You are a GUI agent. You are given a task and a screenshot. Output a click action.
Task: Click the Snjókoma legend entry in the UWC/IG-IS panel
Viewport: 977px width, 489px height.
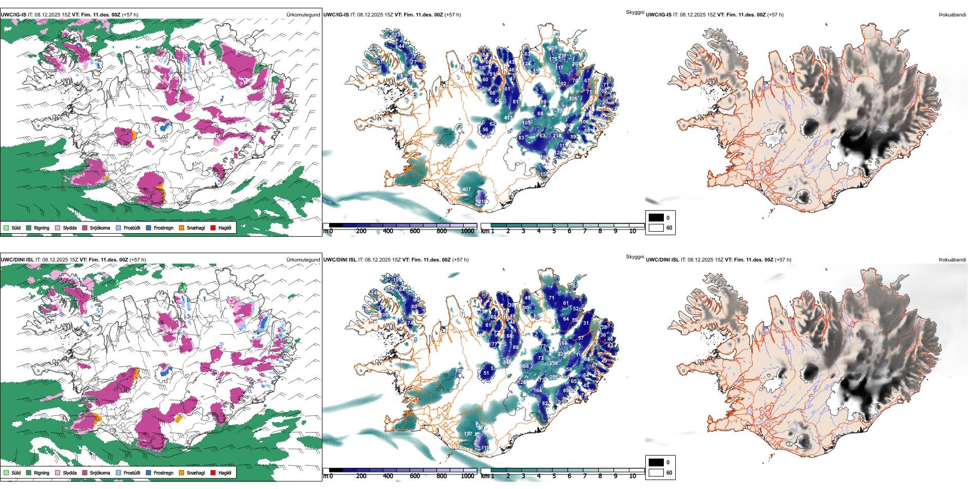pyautogui.click(x=100, y=228)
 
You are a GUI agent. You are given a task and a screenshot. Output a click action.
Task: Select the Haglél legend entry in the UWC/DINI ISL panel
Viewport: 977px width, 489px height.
pyautogui.click(x=225, y=473)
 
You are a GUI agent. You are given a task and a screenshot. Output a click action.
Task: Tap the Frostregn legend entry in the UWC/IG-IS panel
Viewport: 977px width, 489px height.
pyautogui.click(x=164, y=228)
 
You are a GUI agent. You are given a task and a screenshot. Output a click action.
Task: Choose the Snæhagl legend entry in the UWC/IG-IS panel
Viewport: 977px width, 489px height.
pyautogui.click(x=195, y=228)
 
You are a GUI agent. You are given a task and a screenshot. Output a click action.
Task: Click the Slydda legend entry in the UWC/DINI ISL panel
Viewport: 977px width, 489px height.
pyautogui.click(x=69, y=473)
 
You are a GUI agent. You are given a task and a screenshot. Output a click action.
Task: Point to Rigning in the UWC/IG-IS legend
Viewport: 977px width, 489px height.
pyautogui.click(x=42, y=228)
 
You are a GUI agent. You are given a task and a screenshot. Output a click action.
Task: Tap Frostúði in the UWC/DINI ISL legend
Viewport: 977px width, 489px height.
pyautogui.click(x=132, y=473)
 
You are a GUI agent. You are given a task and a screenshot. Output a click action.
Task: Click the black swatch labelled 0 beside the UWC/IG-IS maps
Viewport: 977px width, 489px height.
pyautogui.click(x=656, y=218)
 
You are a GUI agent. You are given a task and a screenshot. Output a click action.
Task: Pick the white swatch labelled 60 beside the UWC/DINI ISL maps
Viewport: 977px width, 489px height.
pyautogui.click(x=656, y=473)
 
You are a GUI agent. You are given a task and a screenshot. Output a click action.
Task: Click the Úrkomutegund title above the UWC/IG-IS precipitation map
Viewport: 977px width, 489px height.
pyautogui.click(x=303, y=15)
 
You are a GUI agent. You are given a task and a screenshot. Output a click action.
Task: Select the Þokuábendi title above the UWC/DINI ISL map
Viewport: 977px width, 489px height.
pyautogui.click(x=952, y=260)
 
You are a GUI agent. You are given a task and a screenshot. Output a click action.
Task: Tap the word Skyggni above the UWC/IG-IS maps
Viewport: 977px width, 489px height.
pyautogui.click(x=635, y=12)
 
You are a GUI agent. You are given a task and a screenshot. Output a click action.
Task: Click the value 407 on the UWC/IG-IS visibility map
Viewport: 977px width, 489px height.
pyautogui.click(x=466, y=189)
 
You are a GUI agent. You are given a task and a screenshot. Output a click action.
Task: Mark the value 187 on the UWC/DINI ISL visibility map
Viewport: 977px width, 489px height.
pyautogui.click(x=468, y=434)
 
